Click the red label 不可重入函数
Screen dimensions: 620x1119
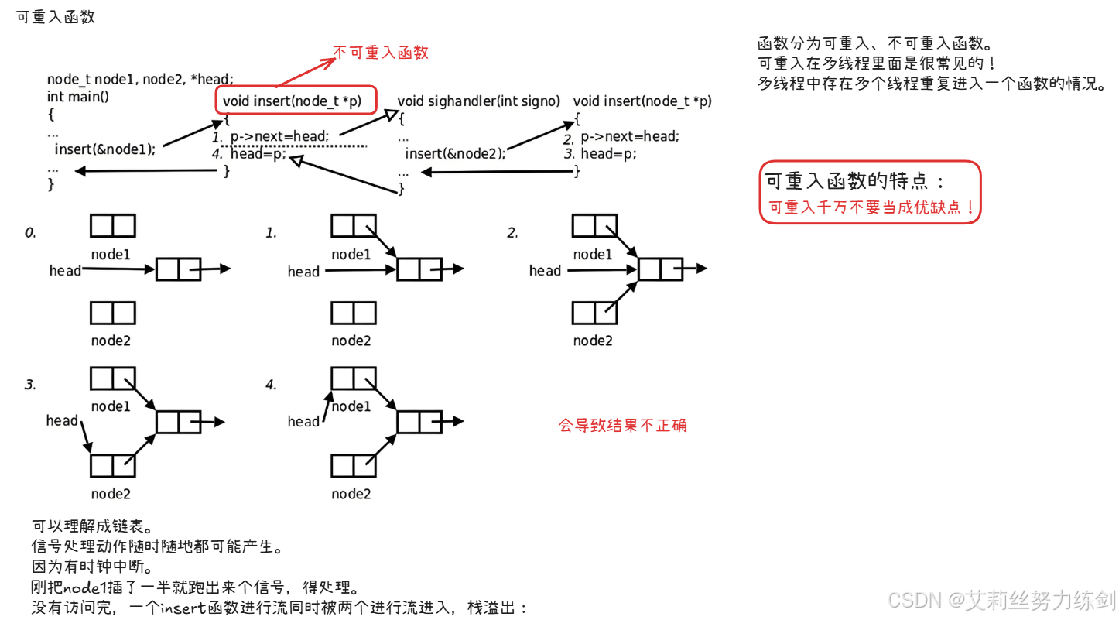click(x=381, y=53)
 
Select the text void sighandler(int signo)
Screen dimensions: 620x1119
click(x=478, y=101)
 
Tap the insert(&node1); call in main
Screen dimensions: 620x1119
click(x=104, y=149)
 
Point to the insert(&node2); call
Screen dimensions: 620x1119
click(x=455, y=153)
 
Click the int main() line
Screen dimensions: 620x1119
click(x=78, y=97)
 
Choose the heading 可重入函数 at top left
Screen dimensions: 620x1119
click(x=56, y=17)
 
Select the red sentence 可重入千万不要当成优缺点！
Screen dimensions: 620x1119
click(x=871, y=207)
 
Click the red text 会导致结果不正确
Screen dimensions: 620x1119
click(x=623, y=425)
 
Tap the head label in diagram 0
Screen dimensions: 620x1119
click(x=65, y=270)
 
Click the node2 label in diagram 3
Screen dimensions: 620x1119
click(x=111, y=493)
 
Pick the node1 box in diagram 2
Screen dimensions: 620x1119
click(x=595, y=226)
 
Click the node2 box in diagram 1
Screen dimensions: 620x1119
click(x=354, y=313)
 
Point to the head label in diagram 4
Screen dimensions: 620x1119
click(x=303, y=421)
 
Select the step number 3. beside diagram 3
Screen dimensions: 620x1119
click(x=30, y=384)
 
